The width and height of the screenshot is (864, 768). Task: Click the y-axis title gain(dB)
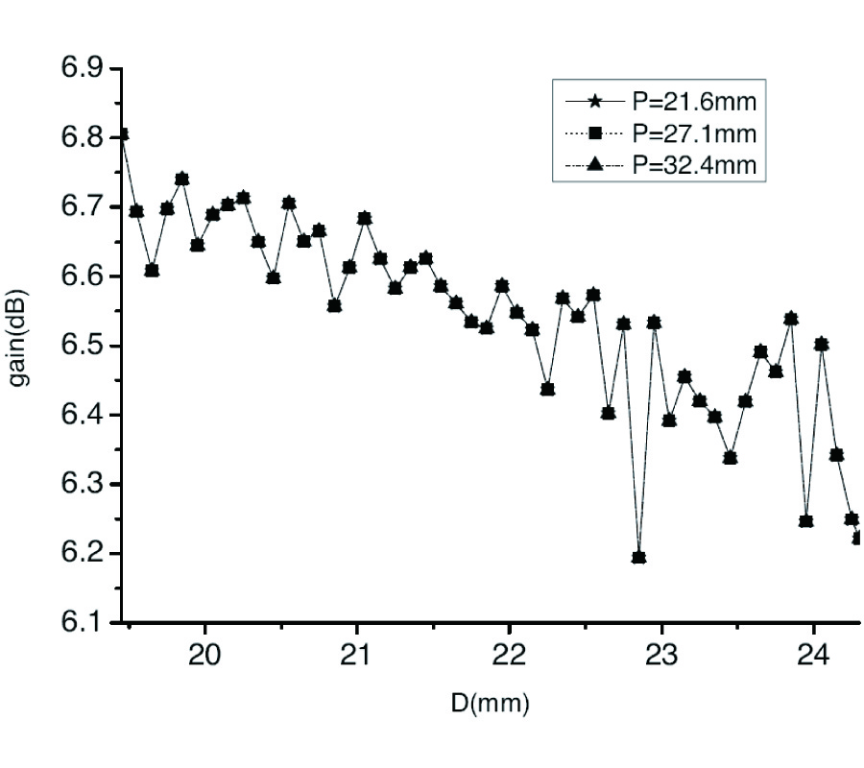point(21,345)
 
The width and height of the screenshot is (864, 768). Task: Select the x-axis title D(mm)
point(490,705)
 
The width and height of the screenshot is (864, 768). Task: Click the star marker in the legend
point(594,100)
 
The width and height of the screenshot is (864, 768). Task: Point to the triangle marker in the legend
point(594,165)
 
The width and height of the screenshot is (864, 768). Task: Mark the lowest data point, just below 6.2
point(639,558)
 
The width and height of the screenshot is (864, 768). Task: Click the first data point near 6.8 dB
point(122,134)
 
